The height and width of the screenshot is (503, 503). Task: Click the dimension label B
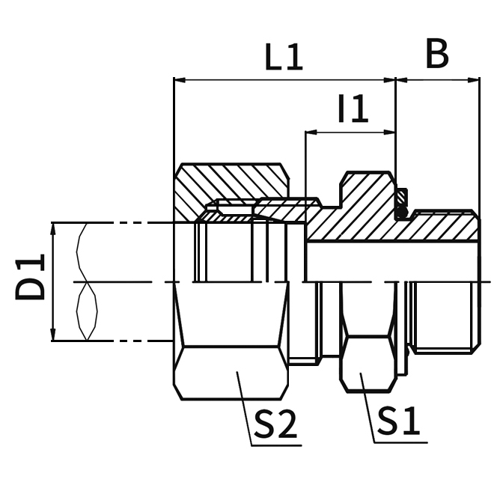[436, 54]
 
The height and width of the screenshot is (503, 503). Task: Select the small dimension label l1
[353, 110]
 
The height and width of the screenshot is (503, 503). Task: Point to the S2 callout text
[275, 424]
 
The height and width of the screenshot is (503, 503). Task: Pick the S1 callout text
[397, 421]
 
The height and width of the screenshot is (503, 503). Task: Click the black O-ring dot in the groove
[403, 213]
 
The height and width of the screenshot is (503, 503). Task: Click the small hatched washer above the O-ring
[403, 198]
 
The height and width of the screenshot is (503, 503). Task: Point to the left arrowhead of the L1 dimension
[178, 79]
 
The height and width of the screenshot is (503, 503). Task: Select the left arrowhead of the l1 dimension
[311, 133]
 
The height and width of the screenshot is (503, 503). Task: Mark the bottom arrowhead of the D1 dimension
[52, 336]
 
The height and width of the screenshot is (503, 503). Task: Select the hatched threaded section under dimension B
[442, 228]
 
